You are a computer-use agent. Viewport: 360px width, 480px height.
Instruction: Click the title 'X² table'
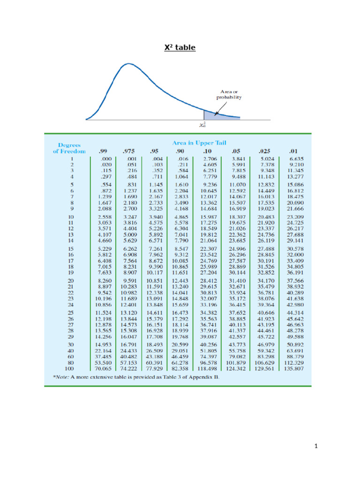(180, 48)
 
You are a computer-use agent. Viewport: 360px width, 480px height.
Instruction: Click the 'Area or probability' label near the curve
(229, 95)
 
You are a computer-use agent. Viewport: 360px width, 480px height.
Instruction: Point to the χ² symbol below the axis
(203, 125)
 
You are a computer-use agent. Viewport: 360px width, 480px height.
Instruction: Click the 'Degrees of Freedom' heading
(69, 148)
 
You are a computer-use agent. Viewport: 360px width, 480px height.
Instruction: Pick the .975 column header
(128, 151)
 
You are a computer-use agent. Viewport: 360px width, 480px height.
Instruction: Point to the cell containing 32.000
(295, 254)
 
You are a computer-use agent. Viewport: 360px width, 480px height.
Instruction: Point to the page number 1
(317, 446)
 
